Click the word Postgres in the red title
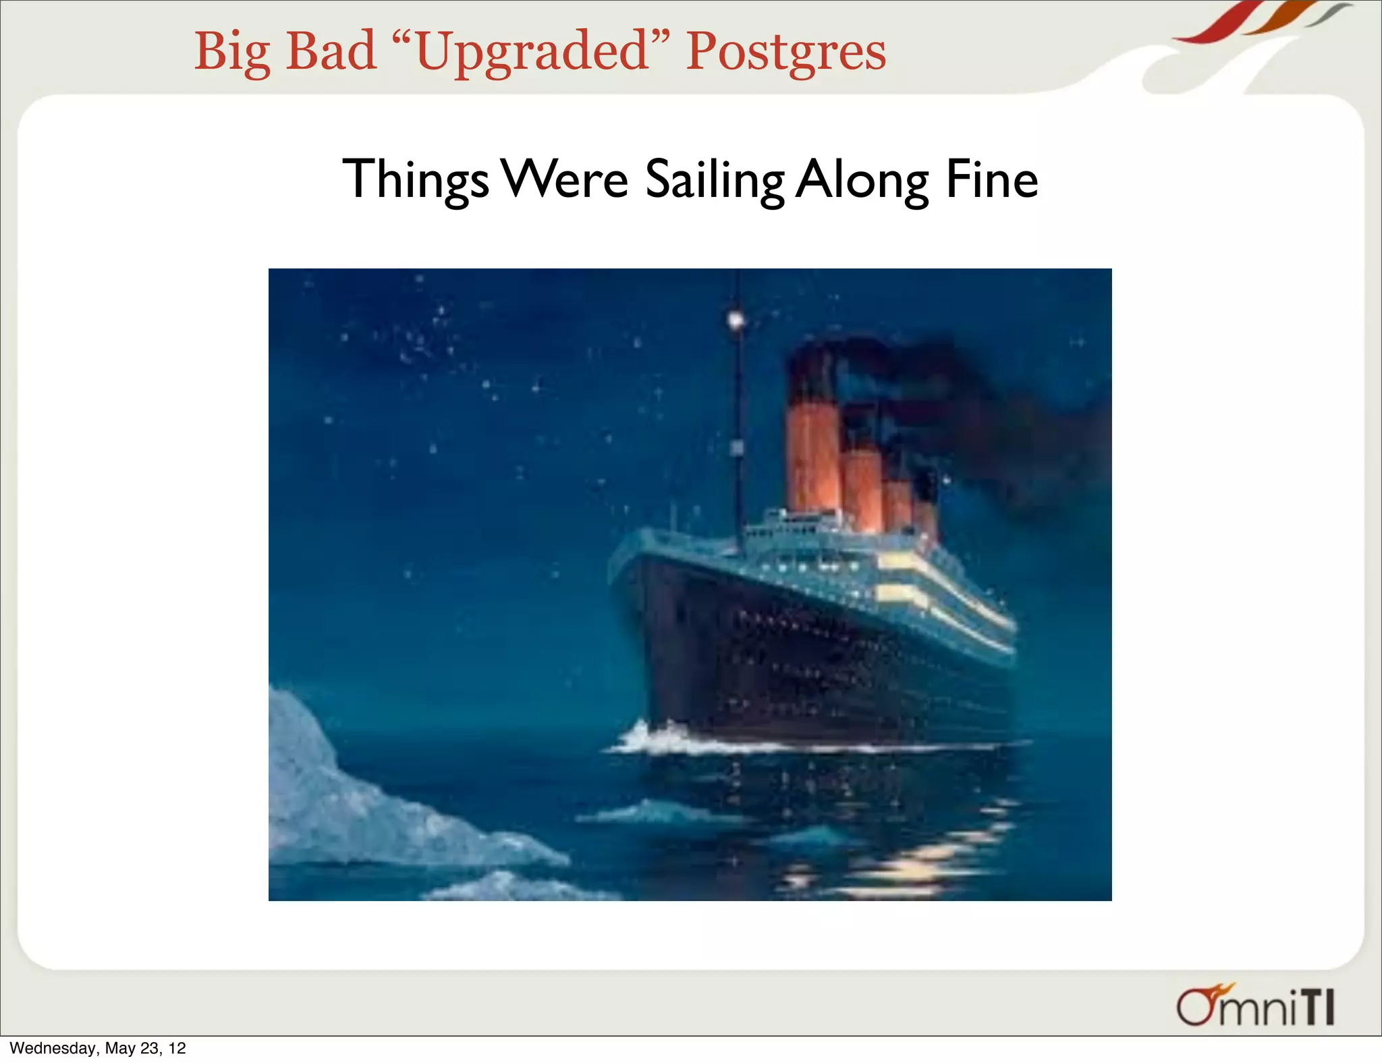(x=785, y=52)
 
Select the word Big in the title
(x=232, y=52)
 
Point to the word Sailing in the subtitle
(x=714, y=181)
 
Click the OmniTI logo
(x=1255, y=1006)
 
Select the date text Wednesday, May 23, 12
(x=98, y=1048)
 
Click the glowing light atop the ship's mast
(x=736, y=319)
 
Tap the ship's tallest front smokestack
(x=812, y=438)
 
